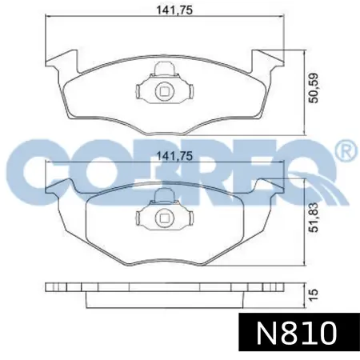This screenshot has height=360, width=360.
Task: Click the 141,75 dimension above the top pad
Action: [174, 10]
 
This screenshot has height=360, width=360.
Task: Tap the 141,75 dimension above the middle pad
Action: [174, 156]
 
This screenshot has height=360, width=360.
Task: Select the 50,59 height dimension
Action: [314, 88]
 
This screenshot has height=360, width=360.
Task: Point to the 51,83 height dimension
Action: [314, 218]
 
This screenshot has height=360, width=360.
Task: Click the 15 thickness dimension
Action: [314, 294]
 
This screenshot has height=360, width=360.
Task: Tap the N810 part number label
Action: [297, 333]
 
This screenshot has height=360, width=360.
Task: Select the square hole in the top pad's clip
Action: [165, 91]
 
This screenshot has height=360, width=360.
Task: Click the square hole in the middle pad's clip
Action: [165, 218]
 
